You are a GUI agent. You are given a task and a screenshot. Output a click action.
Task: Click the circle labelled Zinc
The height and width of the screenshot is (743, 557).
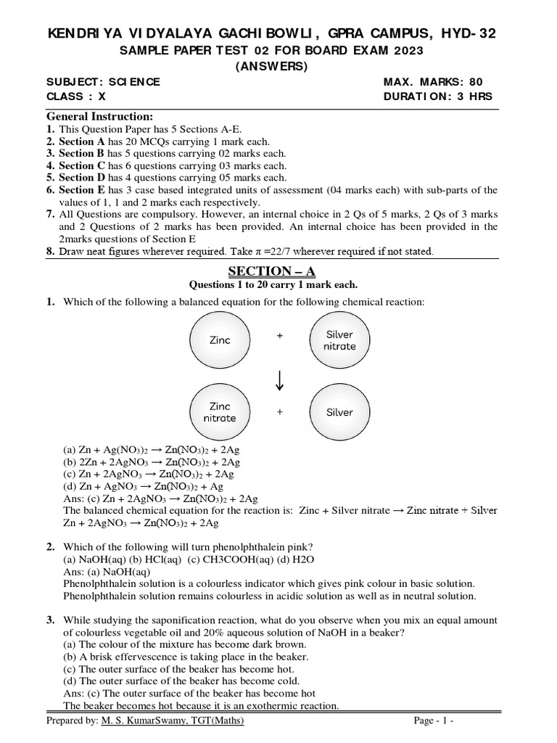[220, 340]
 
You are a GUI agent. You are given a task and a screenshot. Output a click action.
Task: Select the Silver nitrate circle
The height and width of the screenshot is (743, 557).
[339, 340]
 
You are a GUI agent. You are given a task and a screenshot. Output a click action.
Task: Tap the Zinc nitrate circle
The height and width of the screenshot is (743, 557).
[220, 412]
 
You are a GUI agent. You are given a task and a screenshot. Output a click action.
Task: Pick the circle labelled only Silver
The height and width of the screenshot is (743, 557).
[339, 412]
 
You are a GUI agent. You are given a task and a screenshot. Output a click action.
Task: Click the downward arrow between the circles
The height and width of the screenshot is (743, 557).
[279, 377]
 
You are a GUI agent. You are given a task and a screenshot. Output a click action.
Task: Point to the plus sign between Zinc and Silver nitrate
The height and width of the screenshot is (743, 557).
[279, 336]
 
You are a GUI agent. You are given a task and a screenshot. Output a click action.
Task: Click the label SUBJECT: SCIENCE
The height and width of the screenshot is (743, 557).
[103, 82]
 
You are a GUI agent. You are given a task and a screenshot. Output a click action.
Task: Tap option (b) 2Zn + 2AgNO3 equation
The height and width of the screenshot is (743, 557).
[152, 462]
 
